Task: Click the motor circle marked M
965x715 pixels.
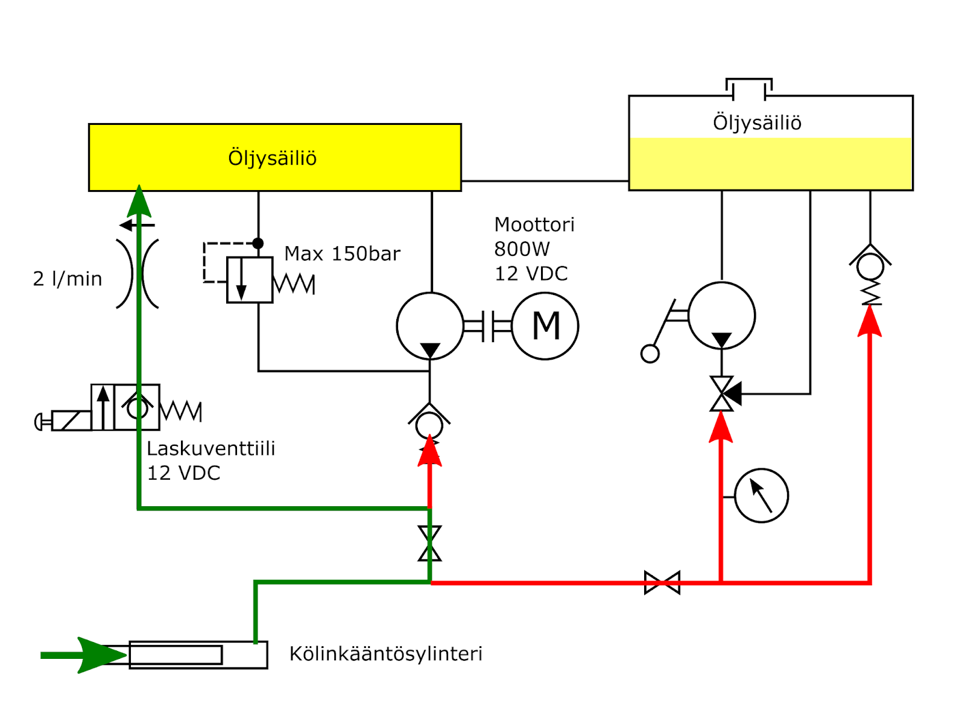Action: [545, 326]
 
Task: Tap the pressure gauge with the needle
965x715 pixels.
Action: [761, 495]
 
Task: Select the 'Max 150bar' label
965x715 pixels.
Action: [342, 253]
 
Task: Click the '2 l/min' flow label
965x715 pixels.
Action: [68, 279]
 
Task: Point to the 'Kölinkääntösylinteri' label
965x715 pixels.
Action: [386, 653]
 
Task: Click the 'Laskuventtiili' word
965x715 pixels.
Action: [211, 448]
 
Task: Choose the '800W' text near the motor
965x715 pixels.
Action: [522, 249]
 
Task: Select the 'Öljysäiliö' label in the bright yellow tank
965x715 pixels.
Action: [273, 158]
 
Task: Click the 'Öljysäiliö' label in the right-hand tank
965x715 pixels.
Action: [757, 122]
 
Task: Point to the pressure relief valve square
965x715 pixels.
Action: [250, 280]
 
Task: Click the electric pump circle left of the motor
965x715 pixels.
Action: [430, 326]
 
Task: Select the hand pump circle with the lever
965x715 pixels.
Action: [721, 315]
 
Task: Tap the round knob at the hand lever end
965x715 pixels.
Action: [650, 354]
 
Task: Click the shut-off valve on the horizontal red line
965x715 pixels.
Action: [662, 583]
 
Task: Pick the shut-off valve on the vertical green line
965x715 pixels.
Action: [429, 543]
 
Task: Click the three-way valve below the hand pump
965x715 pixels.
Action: [722, 394]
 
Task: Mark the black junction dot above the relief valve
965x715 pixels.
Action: [258, 243]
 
